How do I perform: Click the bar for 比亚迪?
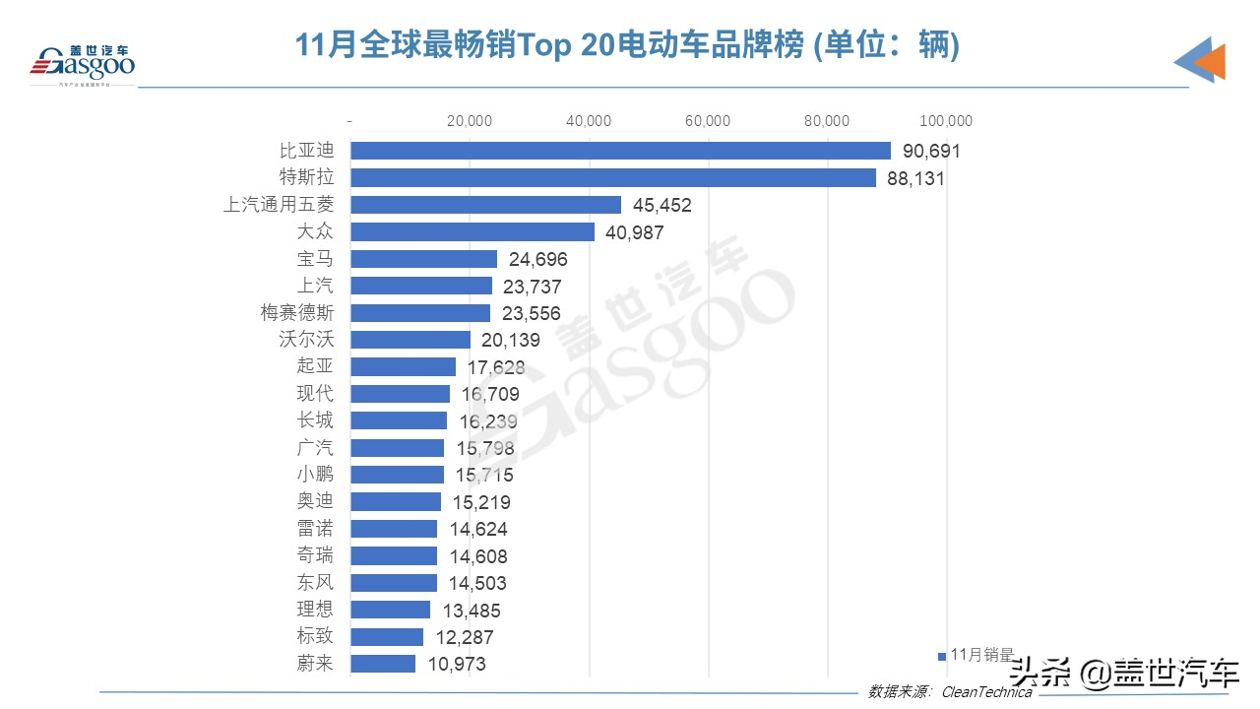coord(620,151)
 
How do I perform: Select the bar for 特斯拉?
coord(612,178)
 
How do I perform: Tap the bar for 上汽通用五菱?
coord(485,205)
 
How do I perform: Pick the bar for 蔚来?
coord(383,664)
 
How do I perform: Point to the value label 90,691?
coord(930,152)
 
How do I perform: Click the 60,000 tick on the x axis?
coord(708,121)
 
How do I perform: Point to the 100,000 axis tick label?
coord(946,121)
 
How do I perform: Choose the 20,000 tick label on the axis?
coord(470,121)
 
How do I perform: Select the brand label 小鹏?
coord(315,475)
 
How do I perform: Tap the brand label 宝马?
coord(315,259)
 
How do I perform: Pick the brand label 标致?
coord(315,636)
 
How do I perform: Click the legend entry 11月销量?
coord(979,655)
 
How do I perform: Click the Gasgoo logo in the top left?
coord(83,63)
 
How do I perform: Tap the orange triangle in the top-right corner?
coord(1210,62)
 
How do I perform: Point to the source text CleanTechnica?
coord(987,691)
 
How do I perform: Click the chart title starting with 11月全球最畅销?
coord(628,45)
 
